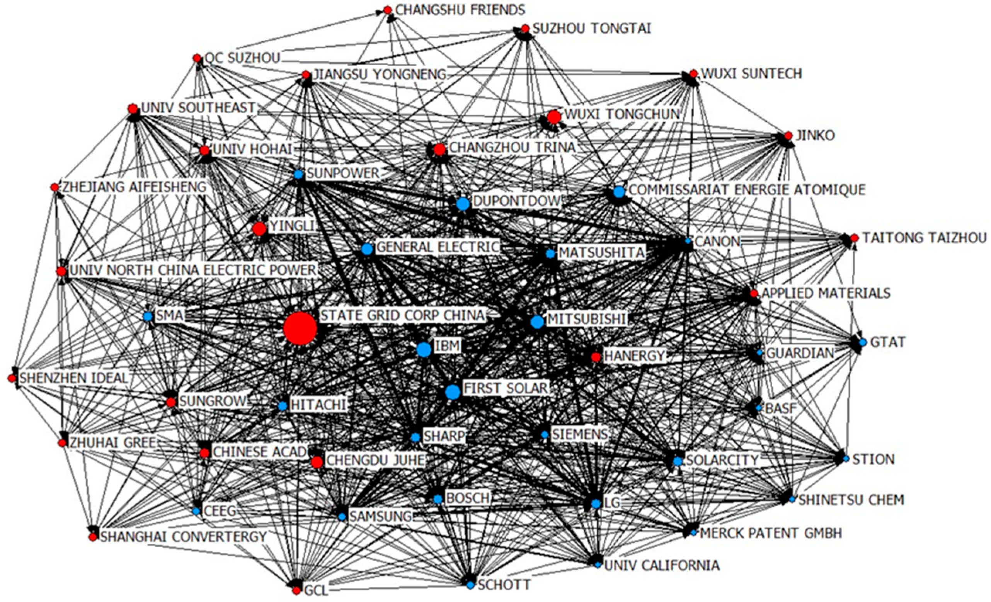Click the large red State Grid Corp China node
[x=300, y=328]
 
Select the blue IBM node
[x=424, y=349]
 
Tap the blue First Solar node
[x=453, y=392]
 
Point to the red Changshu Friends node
[x=388, y=10]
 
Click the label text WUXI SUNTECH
[x=751, y=73]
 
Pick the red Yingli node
[x=259, y=229]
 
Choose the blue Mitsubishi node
[x=537, y=322]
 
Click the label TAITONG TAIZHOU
[x=924, y=238]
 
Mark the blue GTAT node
[x=862, y=343]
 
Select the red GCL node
[x=296, y=590]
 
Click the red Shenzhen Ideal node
[x=12, y=378]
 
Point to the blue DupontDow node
[x=463, y=204]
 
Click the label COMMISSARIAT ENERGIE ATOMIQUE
[x=747, y=189]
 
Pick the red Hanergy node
[x=596, y=357]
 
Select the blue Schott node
[x=470, y=585]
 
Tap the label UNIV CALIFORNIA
[x=662, y=565]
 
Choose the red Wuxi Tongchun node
[x=554, y=117]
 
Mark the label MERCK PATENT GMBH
[x=771, y=533]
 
